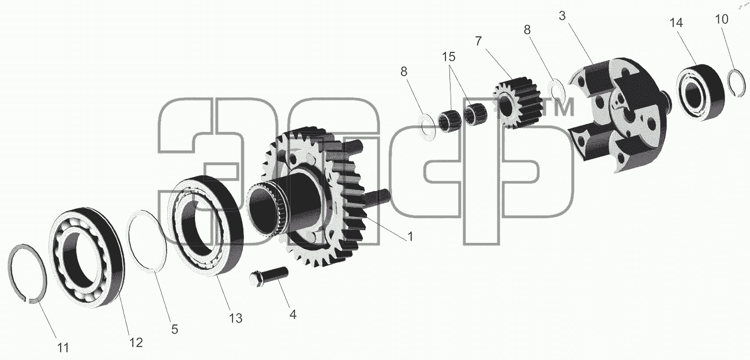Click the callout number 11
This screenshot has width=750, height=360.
63,348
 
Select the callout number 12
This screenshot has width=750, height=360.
136,342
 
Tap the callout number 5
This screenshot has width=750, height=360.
174,329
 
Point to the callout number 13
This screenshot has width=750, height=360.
235,318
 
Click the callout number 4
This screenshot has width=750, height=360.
292,314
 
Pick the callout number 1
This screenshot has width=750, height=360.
410,237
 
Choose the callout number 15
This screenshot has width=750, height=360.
448,57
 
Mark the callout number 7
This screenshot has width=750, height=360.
478,41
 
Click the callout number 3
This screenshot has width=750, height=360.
562,16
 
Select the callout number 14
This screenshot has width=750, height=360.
676,22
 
